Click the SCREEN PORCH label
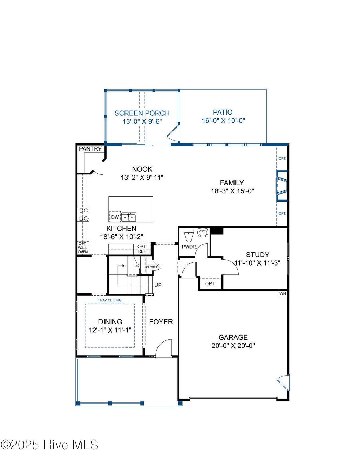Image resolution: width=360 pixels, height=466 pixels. pos(142,113)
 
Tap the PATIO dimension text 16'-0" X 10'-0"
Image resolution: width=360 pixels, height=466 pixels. pos(223,120)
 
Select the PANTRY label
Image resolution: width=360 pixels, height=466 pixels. pos(90,149)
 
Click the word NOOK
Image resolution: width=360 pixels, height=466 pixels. pos(142,169)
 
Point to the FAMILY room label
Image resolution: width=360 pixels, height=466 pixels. pos(232,183)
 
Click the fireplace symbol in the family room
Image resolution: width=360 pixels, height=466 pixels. pos(281,186)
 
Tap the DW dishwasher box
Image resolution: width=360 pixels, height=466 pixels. pos(115,217)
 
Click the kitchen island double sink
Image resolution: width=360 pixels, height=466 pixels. pos(128,217)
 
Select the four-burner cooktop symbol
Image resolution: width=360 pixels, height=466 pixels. pos(83,215)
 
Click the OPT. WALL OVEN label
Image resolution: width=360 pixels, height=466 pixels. pos(83,248)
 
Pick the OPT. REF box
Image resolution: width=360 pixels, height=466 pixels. pos(142,249)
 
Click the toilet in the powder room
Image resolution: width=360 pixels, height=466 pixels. pos(189,235)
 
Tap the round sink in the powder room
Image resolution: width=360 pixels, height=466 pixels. pos(203,233)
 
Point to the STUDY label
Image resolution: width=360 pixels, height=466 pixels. pos(257,255)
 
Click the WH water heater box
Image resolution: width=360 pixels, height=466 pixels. pos(283,293)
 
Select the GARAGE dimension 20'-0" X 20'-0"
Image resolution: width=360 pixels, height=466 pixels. pos(233,346)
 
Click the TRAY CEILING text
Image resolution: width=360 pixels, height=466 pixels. pos(110,300)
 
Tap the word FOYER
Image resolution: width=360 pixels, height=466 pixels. pos(161,322)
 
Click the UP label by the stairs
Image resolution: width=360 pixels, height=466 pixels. pos(158,285)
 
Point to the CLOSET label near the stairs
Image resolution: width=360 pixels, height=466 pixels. pos(152,267)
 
